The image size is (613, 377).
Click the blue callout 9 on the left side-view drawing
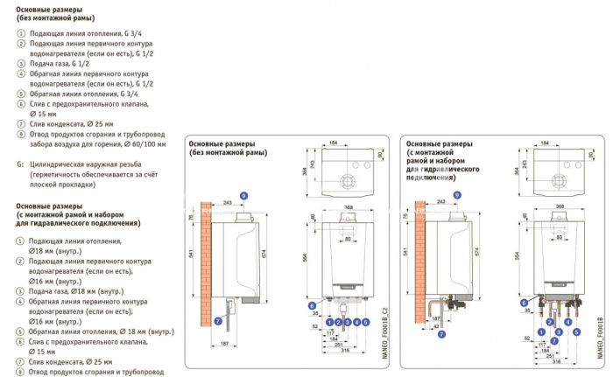click(x=244, y=193)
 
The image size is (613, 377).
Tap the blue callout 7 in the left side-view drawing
click(x=218, y=320)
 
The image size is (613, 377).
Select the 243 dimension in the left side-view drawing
click(x=229, y=203)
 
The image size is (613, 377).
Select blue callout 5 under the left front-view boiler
click(x=369, y=321)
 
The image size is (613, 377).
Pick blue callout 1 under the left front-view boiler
click(x=328, y=321)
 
